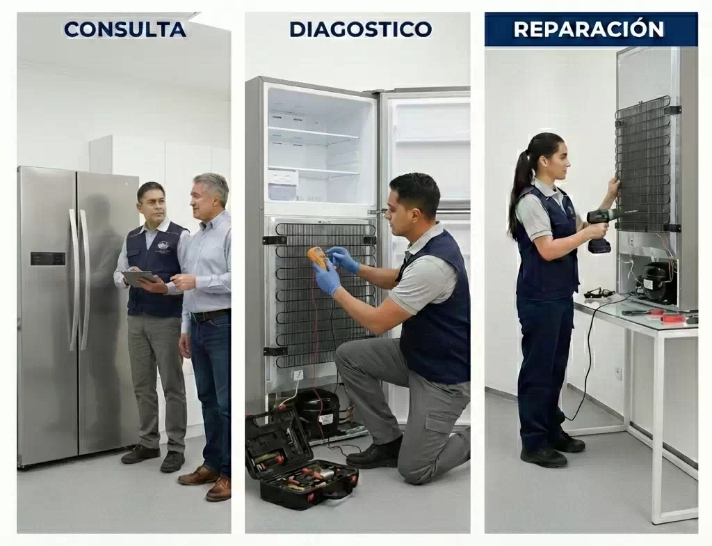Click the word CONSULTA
[125, 29]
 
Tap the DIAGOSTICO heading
[361, 29]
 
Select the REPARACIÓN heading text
[589, 29]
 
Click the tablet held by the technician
[138, 277]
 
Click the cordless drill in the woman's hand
[604, 228]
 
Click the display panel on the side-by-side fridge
[48, 258]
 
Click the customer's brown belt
[210, 315]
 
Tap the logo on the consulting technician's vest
[163, 246]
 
